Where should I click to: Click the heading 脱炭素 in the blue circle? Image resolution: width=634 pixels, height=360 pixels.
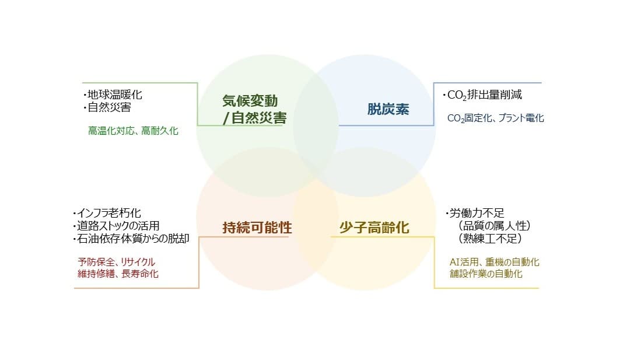coord(388,109)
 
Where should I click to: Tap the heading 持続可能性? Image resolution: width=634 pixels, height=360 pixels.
coord(257,228)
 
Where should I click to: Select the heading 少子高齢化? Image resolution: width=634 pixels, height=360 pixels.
coord(374,228)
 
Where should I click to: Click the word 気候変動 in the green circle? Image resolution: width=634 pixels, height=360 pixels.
coord(250,101)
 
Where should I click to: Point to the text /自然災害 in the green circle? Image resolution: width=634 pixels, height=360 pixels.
coord(255,118)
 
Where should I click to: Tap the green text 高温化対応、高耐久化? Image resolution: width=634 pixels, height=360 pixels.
coord(133,131)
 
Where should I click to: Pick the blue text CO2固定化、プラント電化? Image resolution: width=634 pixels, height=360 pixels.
coord(495,118)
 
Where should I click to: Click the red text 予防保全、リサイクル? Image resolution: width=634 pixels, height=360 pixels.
coord(116,262)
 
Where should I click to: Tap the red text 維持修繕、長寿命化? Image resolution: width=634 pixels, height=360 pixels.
coord(118,274)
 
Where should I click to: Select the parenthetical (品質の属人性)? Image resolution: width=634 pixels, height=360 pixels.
coord(493,226)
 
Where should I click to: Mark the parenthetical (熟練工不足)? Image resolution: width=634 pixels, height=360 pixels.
coord(489,239)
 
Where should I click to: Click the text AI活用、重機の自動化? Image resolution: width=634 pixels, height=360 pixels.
coord(494,262)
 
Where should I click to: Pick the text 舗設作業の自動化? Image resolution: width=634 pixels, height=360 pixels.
coord(486,274)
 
